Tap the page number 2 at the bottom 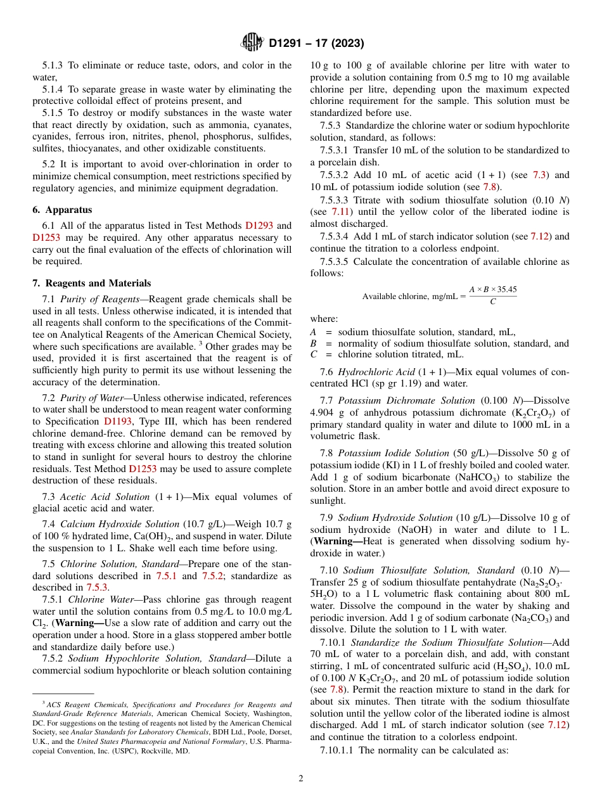[x=301, y=778]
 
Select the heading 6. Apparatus [x=62, y=210]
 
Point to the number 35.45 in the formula [x=506, y=289]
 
